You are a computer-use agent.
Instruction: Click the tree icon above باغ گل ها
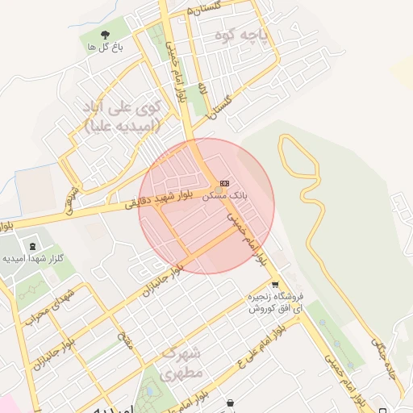(x=104, y=35)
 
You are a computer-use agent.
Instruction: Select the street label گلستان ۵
(x=204, y=8)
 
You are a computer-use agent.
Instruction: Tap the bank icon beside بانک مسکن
(x=224, y=183)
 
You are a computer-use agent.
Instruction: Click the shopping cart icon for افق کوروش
(x=275, y=284)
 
